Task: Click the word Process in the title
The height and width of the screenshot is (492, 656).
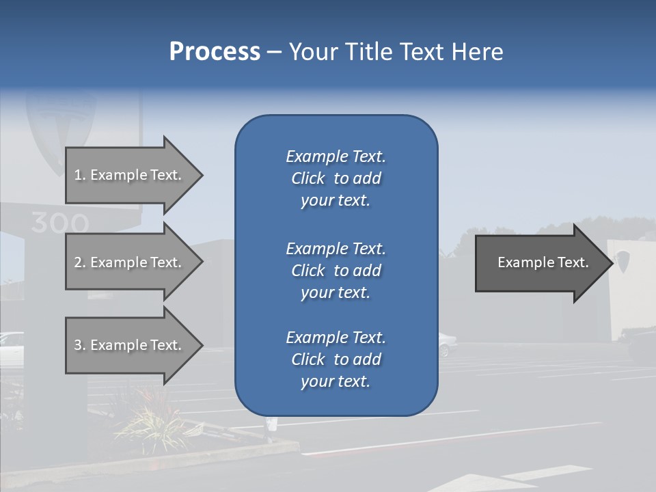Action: pyautogui.click(x=215, y=52)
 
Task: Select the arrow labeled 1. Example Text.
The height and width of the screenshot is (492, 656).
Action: pyautogui.click(x=130, y=175)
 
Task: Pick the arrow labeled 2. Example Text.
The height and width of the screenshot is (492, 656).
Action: pyautogui.click(x=130, y=262)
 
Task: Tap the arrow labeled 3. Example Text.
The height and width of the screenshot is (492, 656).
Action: pyautogui.click(x=130, y=345)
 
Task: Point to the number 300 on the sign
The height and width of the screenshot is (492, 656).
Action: pyautogui.click(x=59, y=223)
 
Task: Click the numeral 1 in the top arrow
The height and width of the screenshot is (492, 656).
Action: pyautogui.click(x=78, y=175)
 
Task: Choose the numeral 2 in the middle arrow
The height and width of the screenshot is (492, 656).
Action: pyautogui.click(x=78, y=262)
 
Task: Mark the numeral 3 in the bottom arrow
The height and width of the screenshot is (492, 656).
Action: pyautogui.click(x=78, y=345)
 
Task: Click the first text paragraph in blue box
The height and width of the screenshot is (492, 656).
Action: pyautogui.click(x=336, y=178)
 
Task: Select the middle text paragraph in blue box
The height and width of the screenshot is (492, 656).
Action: pyautogui.click(x=336, y=271)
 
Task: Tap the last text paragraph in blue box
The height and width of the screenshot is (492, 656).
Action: pyautogui.click(x=336, y=359)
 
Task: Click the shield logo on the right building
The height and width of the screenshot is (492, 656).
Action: pyautogui.click(x=623, y=260)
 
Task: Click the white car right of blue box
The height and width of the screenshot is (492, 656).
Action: pyautogui.click(x=445, y=344)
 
